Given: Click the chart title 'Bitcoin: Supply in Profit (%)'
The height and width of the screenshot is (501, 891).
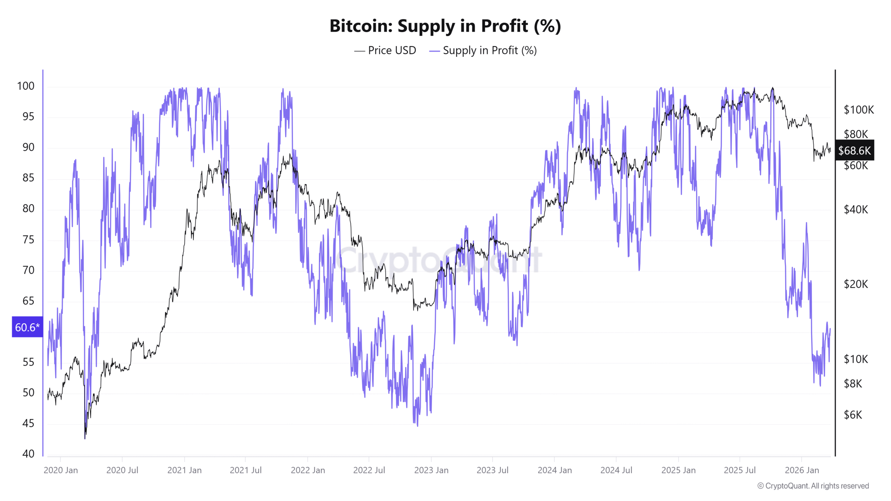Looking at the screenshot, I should (445, 26).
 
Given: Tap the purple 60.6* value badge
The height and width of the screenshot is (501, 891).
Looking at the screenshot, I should (27, 327).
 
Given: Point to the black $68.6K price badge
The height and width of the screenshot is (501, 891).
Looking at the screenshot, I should (854, 150).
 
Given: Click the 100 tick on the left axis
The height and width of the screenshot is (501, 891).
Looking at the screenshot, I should (26, 86).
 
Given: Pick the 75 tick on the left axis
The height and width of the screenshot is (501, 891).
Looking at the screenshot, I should (28, 239).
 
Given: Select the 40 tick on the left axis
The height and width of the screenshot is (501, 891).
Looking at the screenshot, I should (28, 453).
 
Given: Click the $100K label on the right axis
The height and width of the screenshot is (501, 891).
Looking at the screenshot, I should (858, 110).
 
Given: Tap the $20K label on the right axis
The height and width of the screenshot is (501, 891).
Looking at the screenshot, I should (855, 284).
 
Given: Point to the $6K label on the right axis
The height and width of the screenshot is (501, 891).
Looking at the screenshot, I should (853, 414).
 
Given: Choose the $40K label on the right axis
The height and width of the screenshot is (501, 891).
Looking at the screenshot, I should (855, 209).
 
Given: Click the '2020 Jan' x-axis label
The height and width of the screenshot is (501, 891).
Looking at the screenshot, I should (61, 470).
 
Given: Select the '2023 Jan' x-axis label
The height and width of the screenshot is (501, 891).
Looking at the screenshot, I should (431, 470).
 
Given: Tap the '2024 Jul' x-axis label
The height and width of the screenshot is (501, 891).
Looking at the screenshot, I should (616, 470).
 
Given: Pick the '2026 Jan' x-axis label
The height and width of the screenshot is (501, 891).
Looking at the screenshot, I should (802, 470).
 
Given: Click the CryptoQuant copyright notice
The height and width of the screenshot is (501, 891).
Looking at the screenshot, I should (813, 486).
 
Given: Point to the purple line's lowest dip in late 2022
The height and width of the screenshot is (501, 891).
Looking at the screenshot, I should (417, 425).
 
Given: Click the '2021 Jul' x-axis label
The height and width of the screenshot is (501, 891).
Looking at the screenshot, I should (245, 470).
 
